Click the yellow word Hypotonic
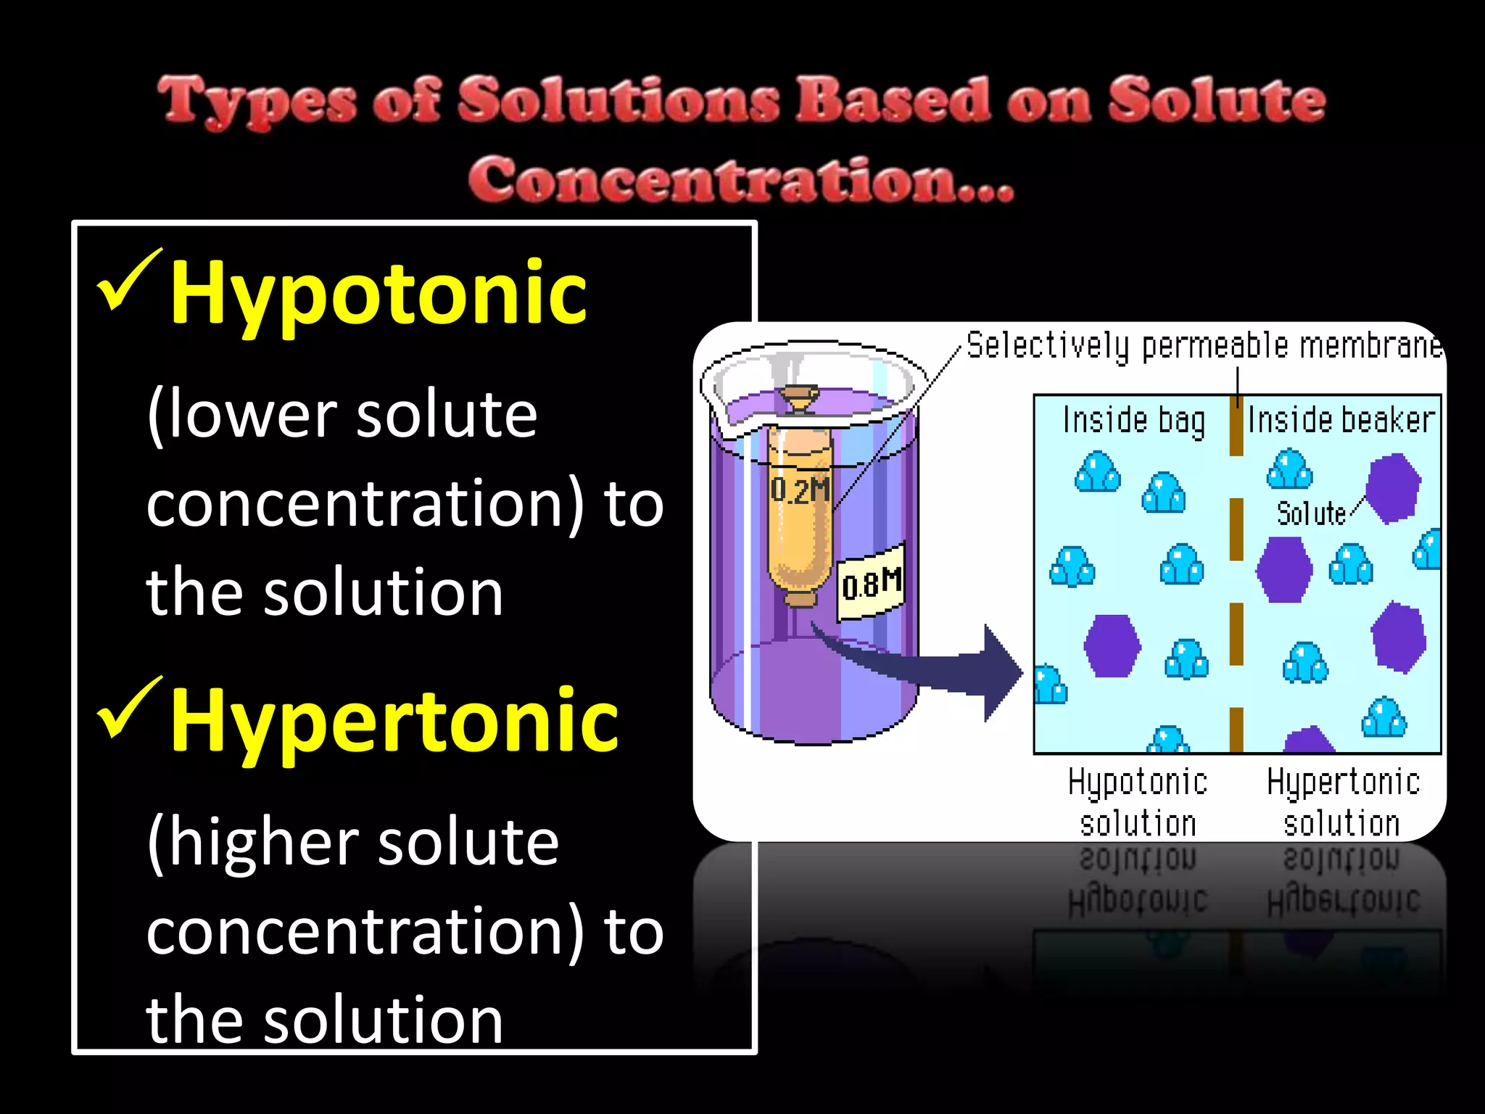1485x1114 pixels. tap(378, 294)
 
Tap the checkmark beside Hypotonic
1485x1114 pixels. tap(128, 279)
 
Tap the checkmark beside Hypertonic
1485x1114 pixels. tap(128, 707)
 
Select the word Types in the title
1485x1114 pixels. tap(257, 101)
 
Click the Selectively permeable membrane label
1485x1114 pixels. tap(1204, 346)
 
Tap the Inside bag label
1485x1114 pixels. tap(1133, 421)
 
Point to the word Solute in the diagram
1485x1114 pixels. tap(1311, 513)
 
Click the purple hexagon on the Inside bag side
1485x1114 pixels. tap(1112, 645)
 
